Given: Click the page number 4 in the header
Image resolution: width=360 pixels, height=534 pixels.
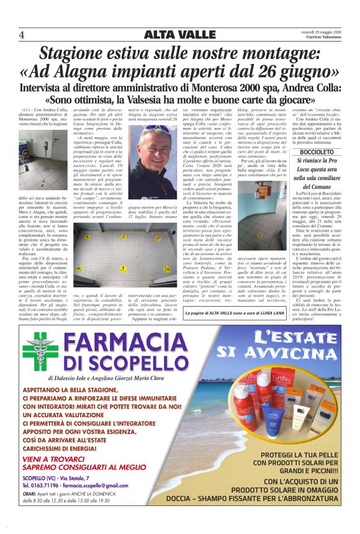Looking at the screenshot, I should (x=22, y=35).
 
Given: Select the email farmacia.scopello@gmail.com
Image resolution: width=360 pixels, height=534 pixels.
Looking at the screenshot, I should (x=104, y=485).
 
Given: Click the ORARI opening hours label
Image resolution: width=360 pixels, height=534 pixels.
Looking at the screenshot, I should (x=29, y=494).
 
